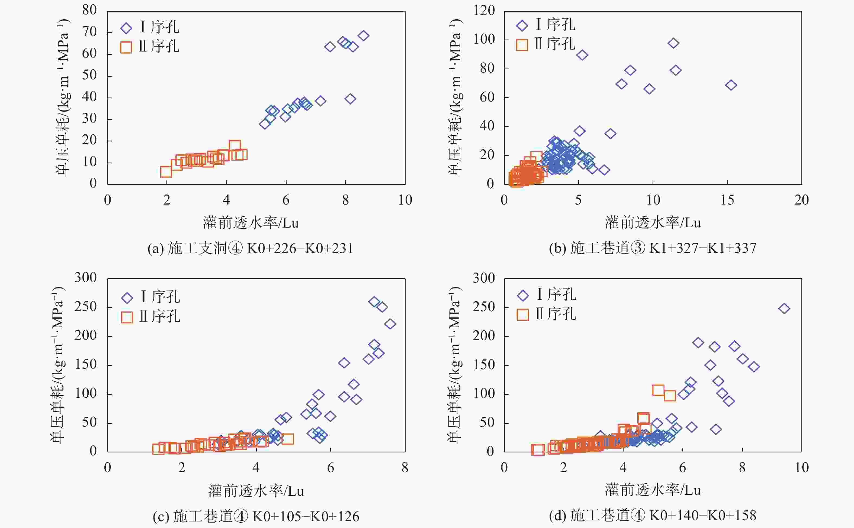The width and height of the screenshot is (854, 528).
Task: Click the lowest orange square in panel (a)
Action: (166, 171)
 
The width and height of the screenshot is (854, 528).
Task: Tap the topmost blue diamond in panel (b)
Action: (673, 43)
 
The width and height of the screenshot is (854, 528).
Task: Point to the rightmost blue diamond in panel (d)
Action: (784, 308)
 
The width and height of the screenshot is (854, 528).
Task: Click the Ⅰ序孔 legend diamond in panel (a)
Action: (126, 28)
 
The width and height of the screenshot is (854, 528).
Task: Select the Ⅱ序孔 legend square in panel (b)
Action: (522, 45)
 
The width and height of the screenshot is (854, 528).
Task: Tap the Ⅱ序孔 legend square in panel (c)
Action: (127, 317)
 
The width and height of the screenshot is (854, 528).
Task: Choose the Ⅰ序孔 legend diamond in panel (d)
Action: (523, 296)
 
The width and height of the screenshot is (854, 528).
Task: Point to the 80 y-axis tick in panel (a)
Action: (89, 10)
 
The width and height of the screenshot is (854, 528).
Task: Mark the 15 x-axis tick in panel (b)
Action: (727, 200)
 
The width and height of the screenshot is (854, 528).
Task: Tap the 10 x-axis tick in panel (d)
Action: (802, 468)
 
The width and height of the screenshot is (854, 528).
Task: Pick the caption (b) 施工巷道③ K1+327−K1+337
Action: (652, 248)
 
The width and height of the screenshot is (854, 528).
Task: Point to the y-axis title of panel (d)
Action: (455, 365)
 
